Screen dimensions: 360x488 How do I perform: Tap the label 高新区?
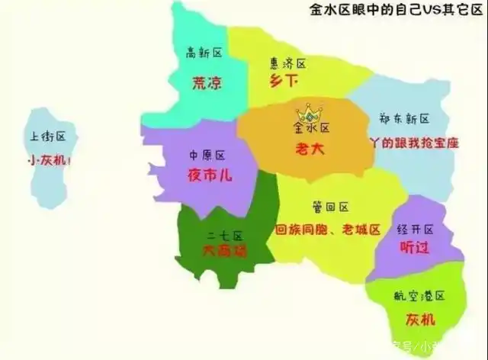[204, 53]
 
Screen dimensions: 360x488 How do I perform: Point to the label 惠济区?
[288, 63]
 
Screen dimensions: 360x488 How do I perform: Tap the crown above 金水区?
[310, 113]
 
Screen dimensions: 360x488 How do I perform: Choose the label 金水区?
[311, 128]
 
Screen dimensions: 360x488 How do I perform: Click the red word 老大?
[310, 150]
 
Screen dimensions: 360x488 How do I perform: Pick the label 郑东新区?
[404, 119]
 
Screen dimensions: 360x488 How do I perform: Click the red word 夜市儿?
[210, 175]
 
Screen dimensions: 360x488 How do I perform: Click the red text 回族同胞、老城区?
[327, 229]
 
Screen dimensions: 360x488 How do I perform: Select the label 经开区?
[416, 230]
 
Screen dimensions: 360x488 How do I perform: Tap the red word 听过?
[416, 249]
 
